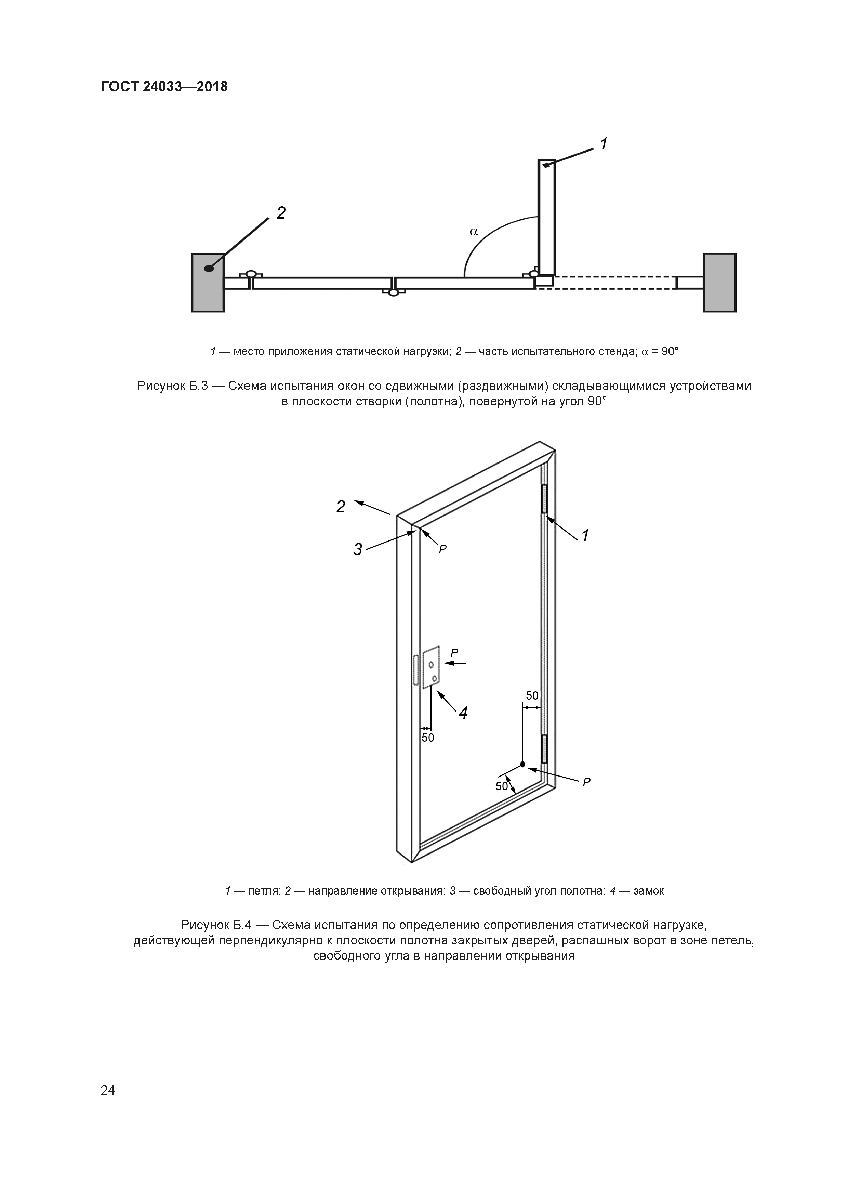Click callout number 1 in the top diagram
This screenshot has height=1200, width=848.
pos(604,144)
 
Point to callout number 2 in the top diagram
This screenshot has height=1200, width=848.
pos(281,213)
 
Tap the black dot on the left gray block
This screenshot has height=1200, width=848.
pos(209,269)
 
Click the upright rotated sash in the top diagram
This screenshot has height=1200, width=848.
pos(546,217)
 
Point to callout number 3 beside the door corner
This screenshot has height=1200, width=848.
pos(357,549)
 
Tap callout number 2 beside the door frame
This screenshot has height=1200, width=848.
pos(341,507)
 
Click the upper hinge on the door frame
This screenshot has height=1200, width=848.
pos(544,499)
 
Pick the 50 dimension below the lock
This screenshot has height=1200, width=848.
pos(428,738)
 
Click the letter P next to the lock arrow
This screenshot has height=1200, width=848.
pos(454,653)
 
